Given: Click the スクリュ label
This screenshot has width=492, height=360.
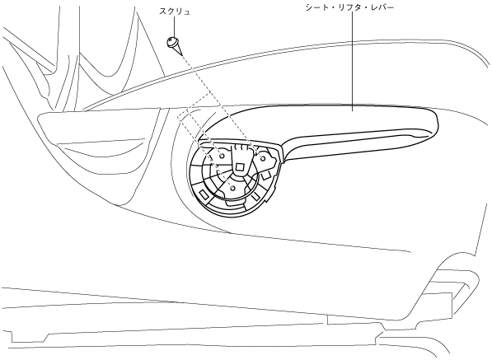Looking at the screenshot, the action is tap(175, 12).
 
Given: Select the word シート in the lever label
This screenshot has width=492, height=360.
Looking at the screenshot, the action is tap(318, 7).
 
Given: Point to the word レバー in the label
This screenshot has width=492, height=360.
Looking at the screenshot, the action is tap(382, 7).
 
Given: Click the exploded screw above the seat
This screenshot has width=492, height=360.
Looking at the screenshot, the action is tap(175, 46).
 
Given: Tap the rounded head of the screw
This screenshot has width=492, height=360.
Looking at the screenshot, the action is tap(171, 41).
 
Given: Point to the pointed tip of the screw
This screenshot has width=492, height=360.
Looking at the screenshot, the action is tap(181, 55).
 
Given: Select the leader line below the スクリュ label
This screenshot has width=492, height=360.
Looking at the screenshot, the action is tap(174, 27).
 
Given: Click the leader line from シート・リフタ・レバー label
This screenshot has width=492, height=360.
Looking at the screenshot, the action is tap(352, 62).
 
